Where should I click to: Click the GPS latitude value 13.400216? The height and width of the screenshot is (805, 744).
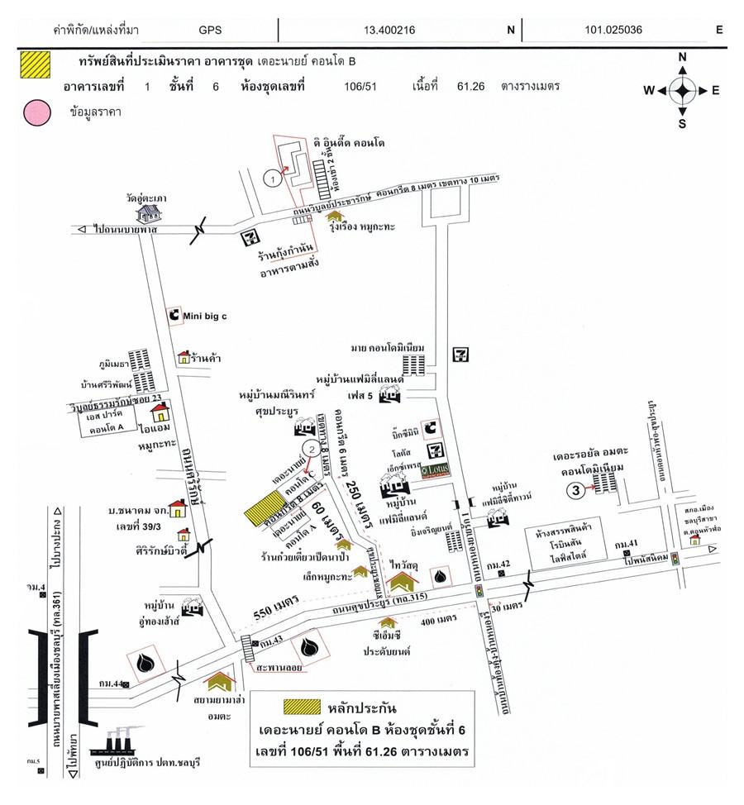click(389, 31)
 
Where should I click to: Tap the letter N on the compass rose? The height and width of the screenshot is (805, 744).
click(683, 57)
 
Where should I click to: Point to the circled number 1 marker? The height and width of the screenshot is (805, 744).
click(269, 176)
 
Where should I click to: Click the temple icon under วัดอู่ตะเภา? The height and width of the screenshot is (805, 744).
click(149, 213)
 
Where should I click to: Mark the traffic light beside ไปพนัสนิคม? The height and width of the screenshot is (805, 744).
click(675, 559)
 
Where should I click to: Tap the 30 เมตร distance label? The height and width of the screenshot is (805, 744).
click(508, 607)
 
